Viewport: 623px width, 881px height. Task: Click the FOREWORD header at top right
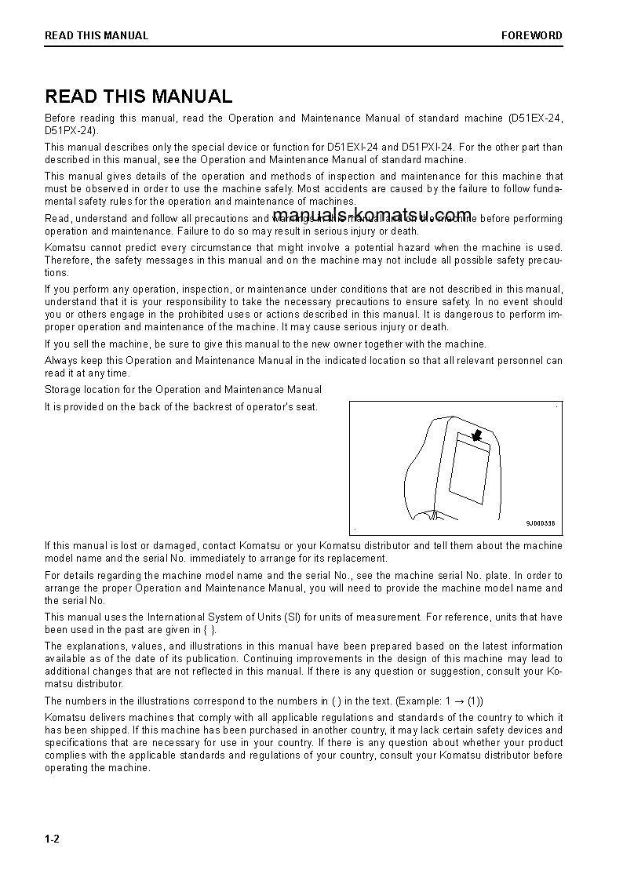point(532,35)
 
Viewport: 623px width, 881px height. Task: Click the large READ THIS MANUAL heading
point(139,96)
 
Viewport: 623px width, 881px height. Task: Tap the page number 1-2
point(52,839)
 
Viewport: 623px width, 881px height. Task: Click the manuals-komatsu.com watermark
point(373,215)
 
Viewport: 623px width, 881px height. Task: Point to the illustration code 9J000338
point(540,523)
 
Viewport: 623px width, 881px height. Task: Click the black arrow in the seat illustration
point(475,435)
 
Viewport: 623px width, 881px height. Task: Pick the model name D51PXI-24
point(428,147)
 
